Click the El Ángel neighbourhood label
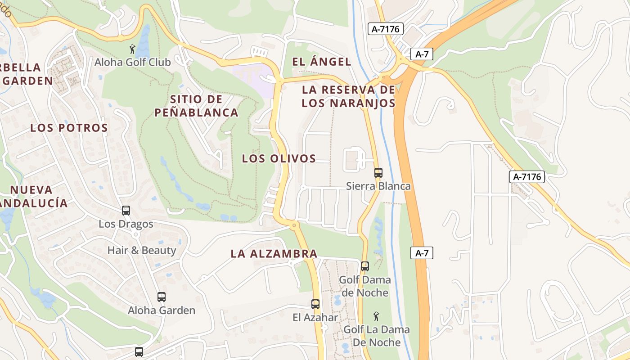tap(321, 62)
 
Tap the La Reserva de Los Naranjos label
tap(348, 96)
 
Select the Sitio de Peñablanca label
tap(197, 106)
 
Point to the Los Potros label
tap(69, 128)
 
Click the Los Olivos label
tap(279, 158)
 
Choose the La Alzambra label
tap(274, 254)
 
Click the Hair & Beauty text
tap(141, 250)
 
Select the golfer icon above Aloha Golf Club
tap(132, 49)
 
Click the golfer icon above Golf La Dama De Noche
tap(377, 316)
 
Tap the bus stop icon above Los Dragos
tap(126, 210)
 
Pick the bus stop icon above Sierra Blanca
tap(378, 172)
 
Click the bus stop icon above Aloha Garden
tap(162, 297)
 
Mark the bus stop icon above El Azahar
tap(315, 304)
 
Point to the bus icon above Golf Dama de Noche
tap(365, 266)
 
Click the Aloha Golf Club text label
tap(132, 62)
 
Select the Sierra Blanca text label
tap(378, 186)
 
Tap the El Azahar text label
tap(315, 317)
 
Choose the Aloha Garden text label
tap(162, 310)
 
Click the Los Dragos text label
tap(126, 224)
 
